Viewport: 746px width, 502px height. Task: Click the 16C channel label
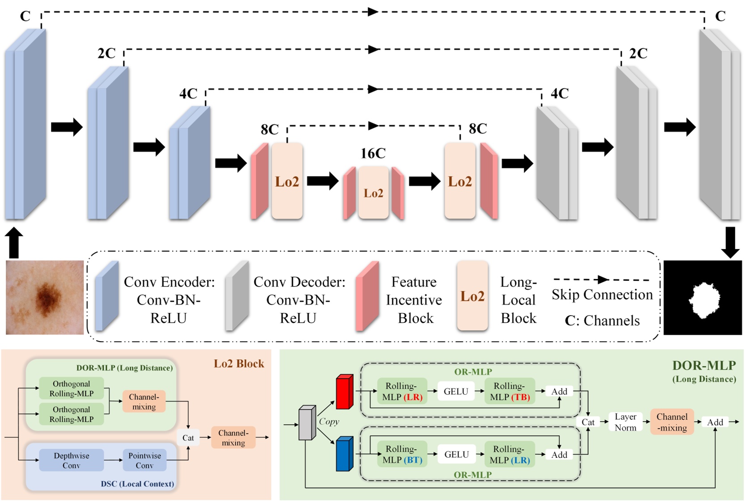pyautogui.click(x=373, y=153)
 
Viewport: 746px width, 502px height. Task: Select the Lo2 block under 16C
pyautogui.click(x=373, y=193)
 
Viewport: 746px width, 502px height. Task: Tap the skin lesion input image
pyautogui.click(x=45, y=297)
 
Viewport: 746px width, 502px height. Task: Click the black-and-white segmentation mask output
pyautogui.click(x=703, y=298)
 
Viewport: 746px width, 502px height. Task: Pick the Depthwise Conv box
pyautogui.click(x=72, y=460)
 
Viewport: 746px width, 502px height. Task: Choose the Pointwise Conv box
pyautogui.click(x=144, y=460)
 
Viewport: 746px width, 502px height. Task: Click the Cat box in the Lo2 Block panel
pyautogui.click(x=188, y=438)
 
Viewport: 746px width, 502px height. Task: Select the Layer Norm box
pyautogui.click(x=625, y=422)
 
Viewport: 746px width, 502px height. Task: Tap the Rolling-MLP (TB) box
pyautogui.click(x=509, y=391)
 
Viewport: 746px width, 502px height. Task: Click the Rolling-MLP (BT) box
pyautogui.click(x=402, y=454)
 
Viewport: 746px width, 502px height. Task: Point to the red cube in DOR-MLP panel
pyautogui.click(x=345, y=392)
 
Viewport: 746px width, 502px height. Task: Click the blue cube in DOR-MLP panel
pyautogui.click(x=345, y=454)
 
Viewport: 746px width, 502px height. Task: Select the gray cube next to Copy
pyautogui.click(x=307, y=423)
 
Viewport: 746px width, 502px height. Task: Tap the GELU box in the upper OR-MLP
pyautogui.click(x=456, y=391)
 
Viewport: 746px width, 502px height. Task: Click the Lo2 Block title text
pyautogui.click(x=239, y=363)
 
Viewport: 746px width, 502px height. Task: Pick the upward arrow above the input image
pyautogui.click(x=14, y=242)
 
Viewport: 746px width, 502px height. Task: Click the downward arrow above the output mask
pyautogui.click(x=730, y=242)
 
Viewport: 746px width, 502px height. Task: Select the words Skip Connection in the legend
pyautogui.click(x=602, y=295)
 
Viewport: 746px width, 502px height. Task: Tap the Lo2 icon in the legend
pyautogui.click(x=472, y=296)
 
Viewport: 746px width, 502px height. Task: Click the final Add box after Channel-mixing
pyautogui.click(x=715, y=422)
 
